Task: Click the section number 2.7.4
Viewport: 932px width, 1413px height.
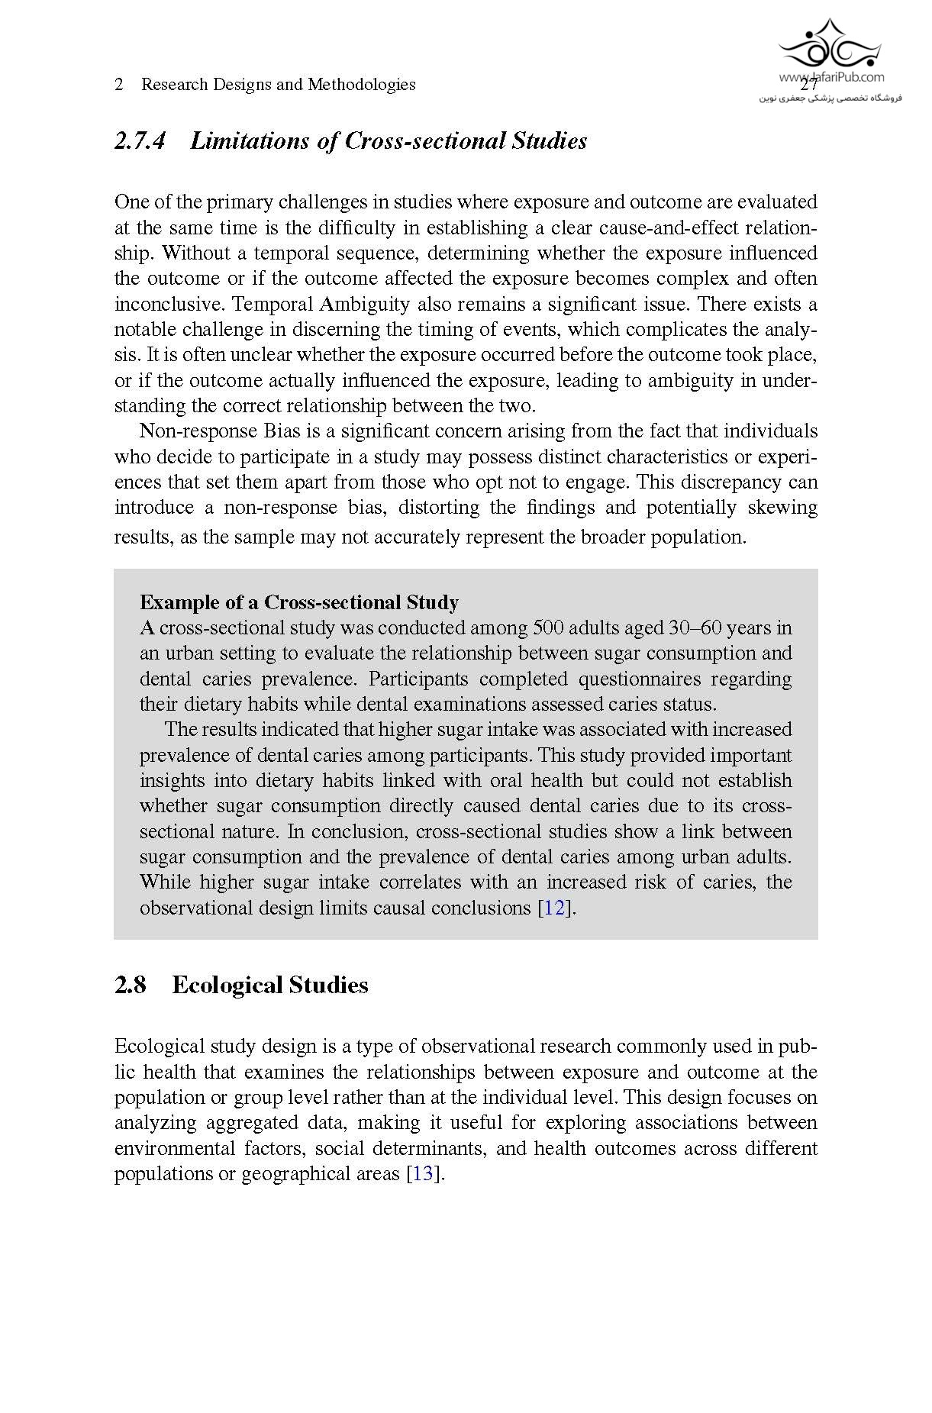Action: [x=139, y=141]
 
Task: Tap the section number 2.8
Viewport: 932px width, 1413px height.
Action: [x=130, y=986]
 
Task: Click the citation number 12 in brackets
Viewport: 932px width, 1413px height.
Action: [x=554, y=908]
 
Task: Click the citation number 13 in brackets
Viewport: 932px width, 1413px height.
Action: [x=422, y=1174]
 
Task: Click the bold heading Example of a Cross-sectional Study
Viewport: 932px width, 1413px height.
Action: [x=299, y=603]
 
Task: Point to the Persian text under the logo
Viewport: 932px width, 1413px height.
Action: [x=830, y=98]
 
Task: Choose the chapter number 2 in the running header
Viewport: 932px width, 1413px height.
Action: [x=119, y=85]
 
